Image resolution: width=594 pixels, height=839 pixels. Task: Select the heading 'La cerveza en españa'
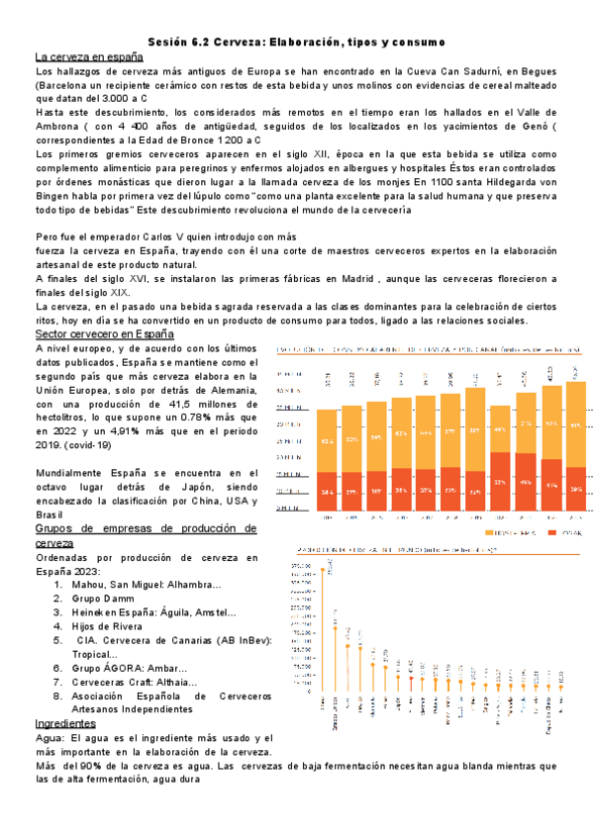(90, 56)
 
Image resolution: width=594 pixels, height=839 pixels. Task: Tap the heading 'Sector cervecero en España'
(104, 334)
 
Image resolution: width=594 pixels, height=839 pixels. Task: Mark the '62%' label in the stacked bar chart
(301, 440)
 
